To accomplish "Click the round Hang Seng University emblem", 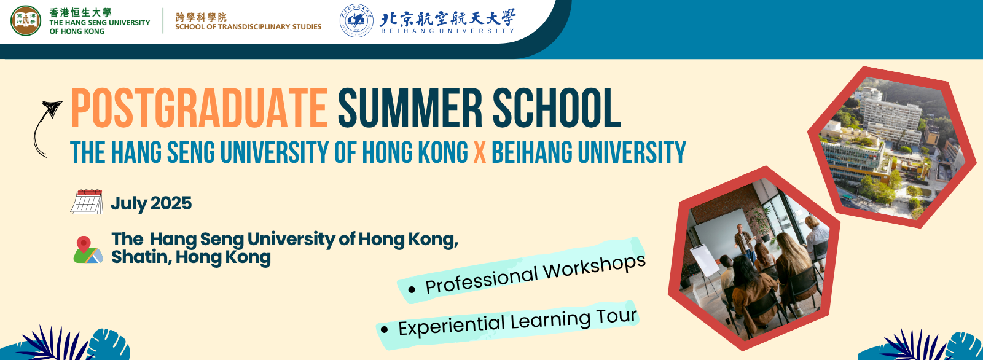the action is tap(25, 21).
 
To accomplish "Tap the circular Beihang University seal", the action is tap(356, 21).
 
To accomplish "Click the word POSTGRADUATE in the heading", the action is tap(199, 108).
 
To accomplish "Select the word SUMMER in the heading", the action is tap(410, 108).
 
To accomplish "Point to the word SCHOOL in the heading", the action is tap(557, 108).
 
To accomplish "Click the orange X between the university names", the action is tap(480, 152).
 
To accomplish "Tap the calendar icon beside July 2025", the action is tap(87, 202).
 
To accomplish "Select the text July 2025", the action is tap(151, 203).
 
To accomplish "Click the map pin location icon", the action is tap(88, 250).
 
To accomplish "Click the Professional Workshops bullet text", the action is tap(535, 274).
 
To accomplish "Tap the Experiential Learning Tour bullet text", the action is tap(517, 323).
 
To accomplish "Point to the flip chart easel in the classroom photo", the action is tap(705, 268).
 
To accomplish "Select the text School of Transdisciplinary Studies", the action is tap(248, 27).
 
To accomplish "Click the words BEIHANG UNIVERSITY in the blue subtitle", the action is tap(589, 152).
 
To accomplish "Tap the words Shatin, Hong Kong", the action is tap(191, 257).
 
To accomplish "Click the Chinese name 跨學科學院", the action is tap(201, 17).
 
